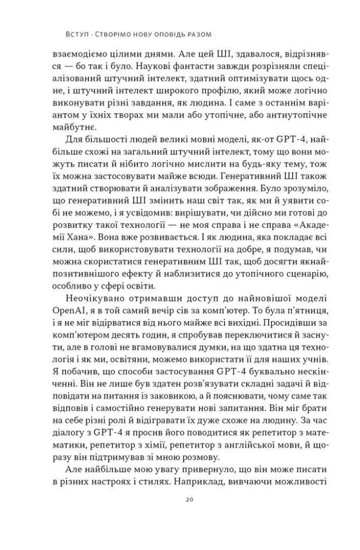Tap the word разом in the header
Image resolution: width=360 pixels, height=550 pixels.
pyautogui.click(x=198, y=34)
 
